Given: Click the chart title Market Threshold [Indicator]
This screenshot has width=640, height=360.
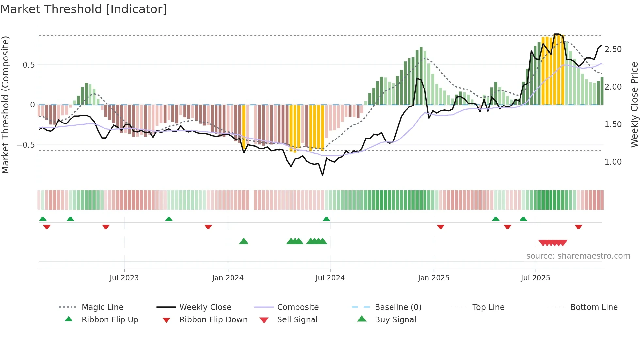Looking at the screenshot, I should click(x=84, y=9).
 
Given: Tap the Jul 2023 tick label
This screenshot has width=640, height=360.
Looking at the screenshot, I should click(x=124, y=278).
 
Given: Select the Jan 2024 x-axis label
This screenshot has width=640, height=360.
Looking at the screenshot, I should click(x=228, y=278).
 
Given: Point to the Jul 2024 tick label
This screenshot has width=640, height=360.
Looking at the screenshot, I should click(x=330, y=278).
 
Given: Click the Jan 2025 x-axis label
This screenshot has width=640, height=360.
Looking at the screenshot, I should click(x=433, y=278).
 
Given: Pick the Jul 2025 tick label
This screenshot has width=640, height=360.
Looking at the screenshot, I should click(x=535, y=278).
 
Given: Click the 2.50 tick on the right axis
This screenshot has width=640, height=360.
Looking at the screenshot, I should click(x=613, y=49).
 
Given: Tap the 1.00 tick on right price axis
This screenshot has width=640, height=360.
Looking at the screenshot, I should click(x=613, y=162).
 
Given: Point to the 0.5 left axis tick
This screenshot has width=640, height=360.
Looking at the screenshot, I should click(x=28, y=65).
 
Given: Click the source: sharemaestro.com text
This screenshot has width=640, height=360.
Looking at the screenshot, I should click(x=578, y=256).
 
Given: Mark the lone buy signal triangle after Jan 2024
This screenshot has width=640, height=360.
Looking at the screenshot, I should click(x=244, y=242).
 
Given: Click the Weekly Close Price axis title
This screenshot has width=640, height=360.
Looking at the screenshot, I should click(x=634, y=105).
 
